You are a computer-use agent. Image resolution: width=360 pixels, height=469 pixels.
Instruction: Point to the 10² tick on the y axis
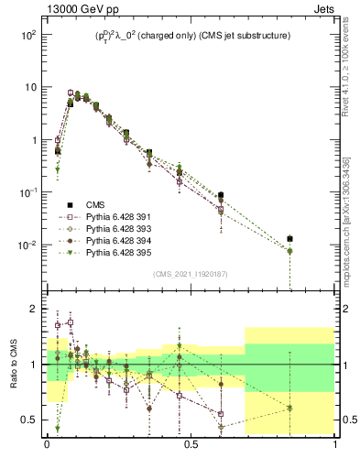tap(26, 35)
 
